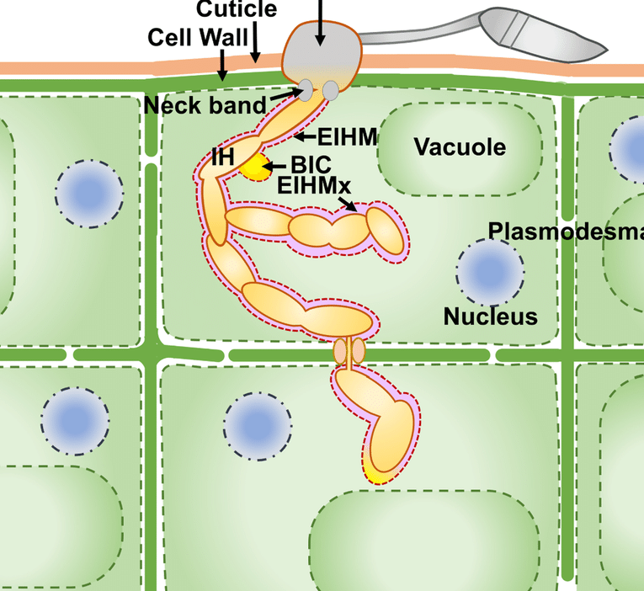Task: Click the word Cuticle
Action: (237, 9)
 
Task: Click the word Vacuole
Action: (460, 147)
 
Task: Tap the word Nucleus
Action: (491, 317)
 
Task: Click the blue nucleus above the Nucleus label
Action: (489, 272)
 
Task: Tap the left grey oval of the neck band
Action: (306, 88)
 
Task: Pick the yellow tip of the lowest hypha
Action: (378, 476)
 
